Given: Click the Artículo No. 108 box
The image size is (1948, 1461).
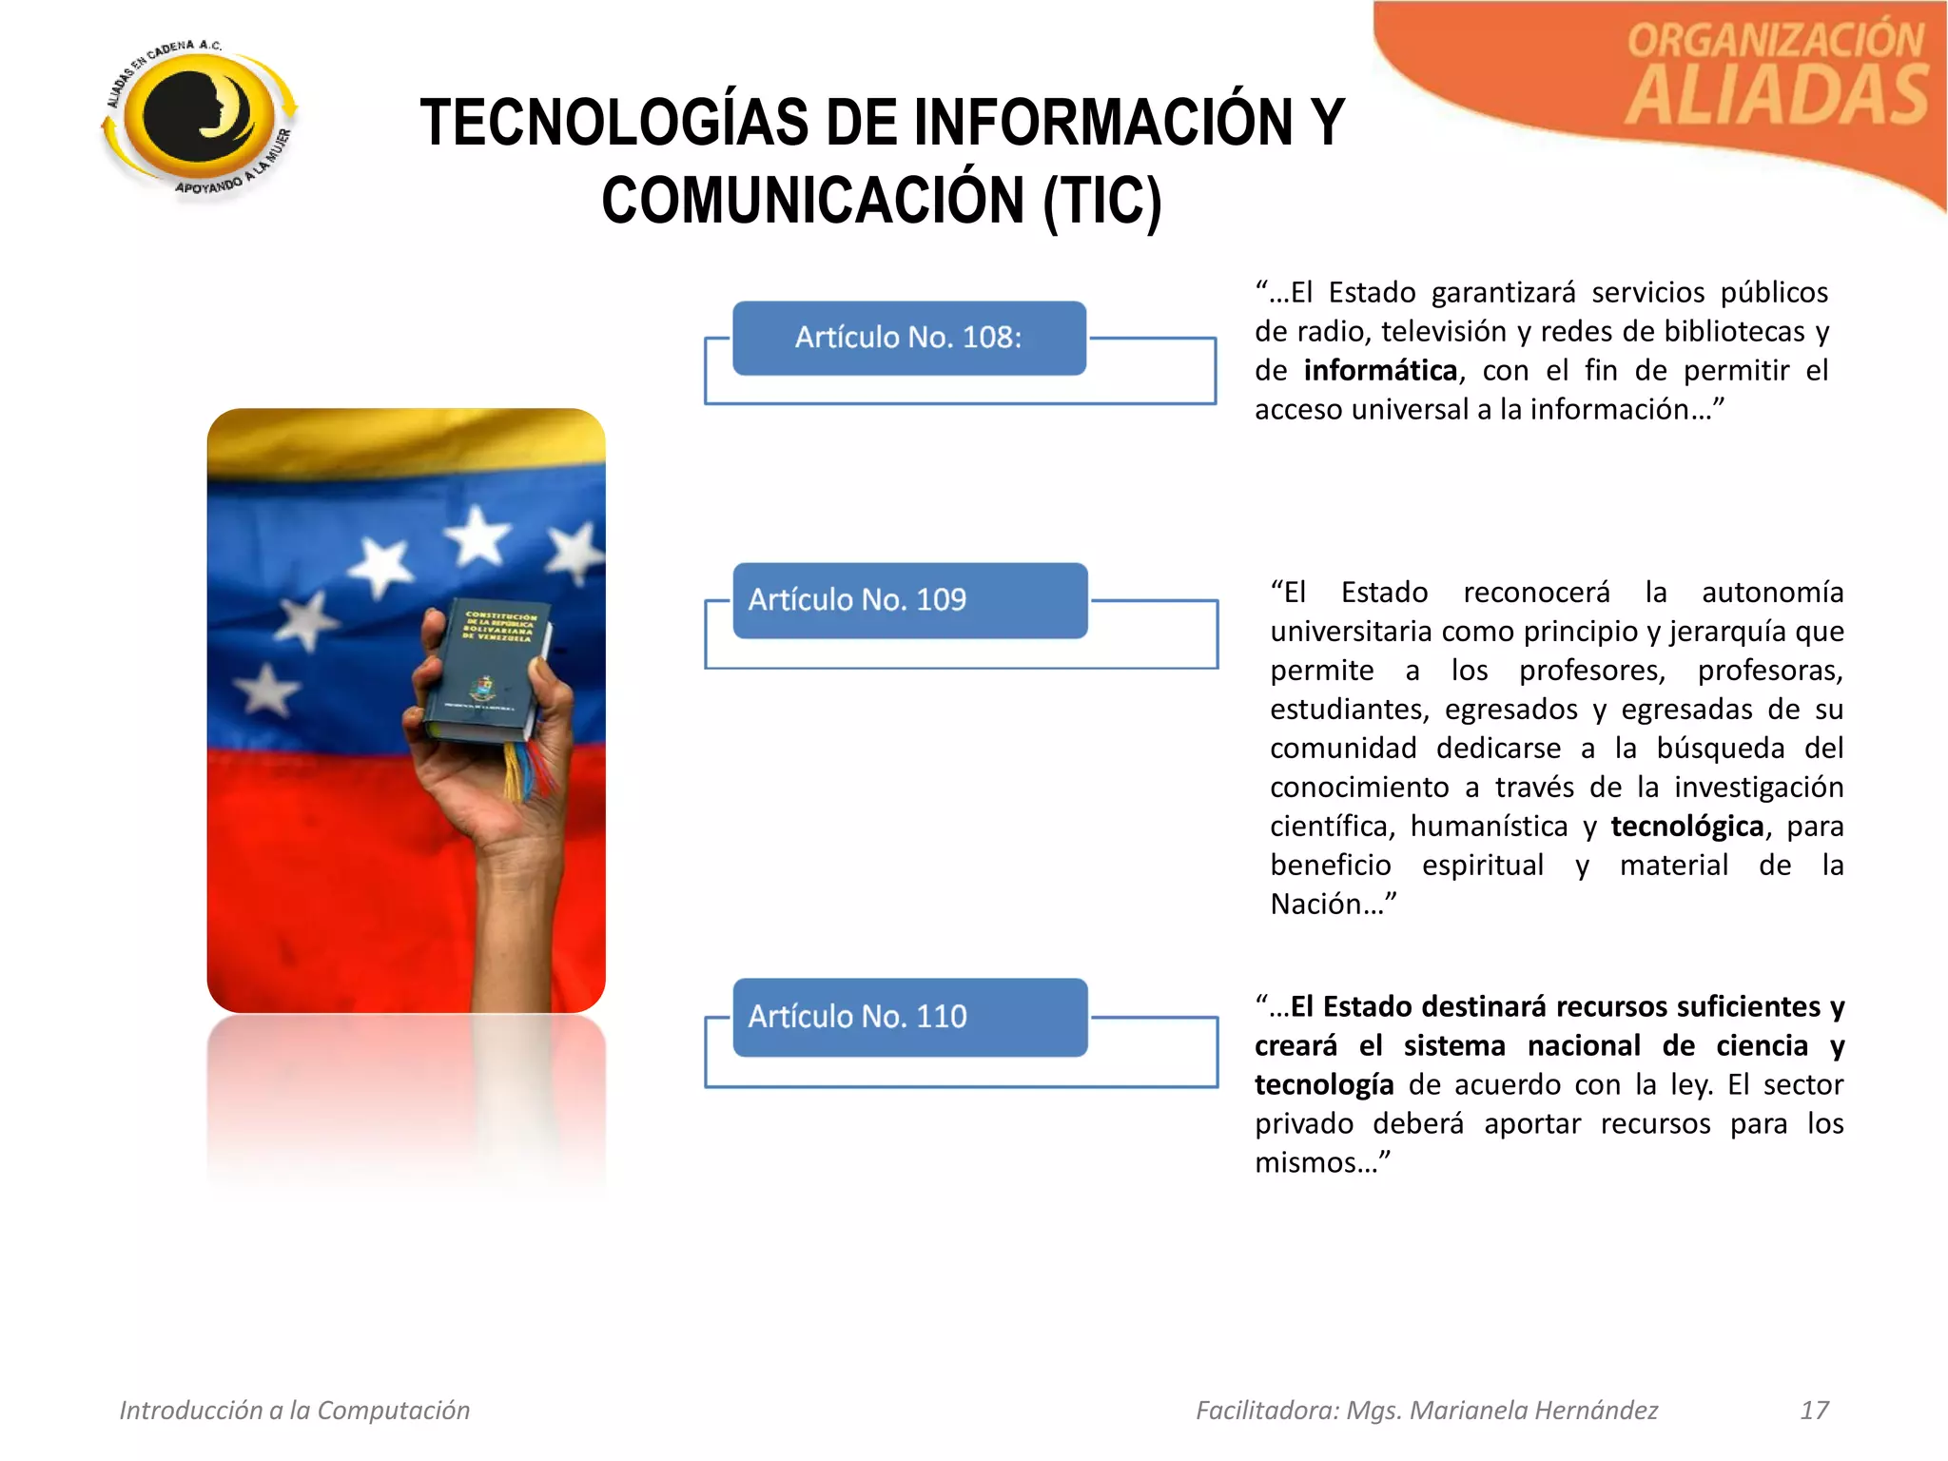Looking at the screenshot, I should pos(908,338).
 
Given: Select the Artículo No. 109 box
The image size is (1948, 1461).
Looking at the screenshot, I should pos(909,600).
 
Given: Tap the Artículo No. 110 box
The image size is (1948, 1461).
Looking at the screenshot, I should pos(909,1017).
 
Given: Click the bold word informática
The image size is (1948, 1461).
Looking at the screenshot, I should pos(1380,370).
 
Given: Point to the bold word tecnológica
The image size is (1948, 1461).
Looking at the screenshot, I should pos(1686,826).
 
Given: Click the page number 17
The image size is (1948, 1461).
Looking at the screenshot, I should pos(1814,1410).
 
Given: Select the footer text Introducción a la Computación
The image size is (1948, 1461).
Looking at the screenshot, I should pos(295,1410).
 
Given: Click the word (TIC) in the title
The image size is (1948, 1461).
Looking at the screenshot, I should pos(1101,201).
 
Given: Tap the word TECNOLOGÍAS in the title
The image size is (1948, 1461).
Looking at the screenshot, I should pos(614,123).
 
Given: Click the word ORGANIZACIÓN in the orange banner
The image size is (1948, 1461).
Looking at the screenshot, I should pos(1775,41).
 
